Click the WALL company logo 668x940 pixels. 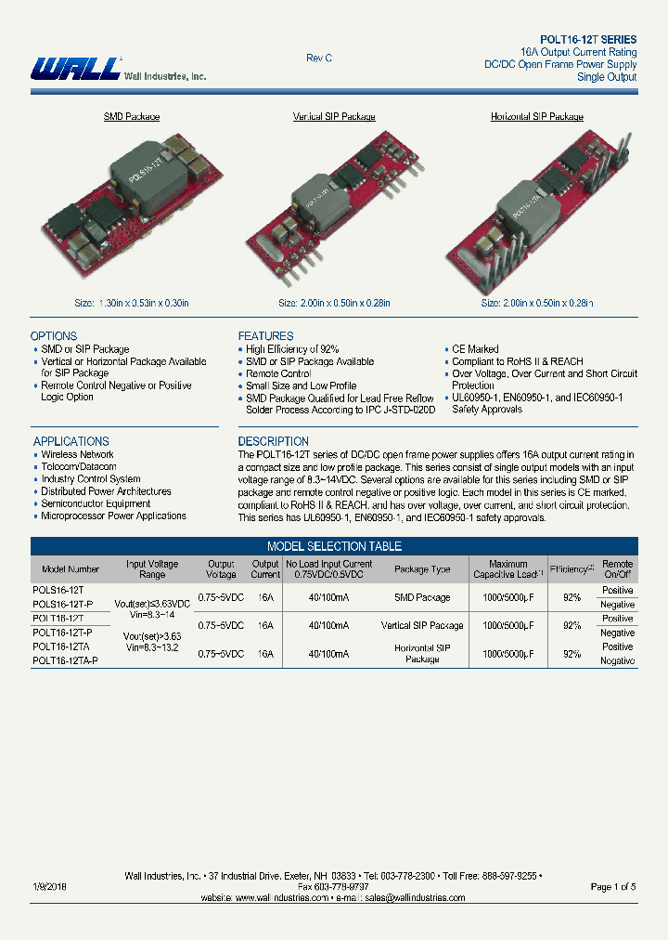(74, 69)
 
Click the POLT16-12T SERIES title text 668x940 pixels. (588, 40)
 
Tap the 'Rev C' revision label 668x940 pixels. (319, 59)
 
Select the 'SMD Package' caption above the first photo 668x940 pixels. (131, 117)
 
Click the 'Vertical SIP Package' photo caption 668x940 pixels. (334, 117)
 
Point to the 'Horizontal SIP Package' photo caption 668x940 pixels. (536, 117)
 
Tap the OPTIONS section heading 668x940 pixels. (54, 336)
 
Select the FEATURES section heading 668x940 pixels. (265, 336)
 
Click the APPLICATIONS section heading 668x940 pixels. (71, 441)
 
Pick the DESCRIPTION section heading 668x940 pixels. (274, 441)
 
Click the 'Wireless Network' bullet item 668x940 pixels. (78, 455)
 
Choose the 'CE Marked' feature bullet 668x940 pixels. (475, 350)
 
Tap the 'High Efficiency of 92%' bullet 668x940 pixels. (292, 350)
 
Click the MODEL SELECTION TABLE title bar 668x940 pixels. (334, 547)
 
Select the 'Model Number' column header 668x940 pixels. (71, 569)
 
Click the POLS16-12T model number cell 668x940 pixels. (58, 591)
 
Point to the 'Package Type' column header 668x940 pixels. (422, 569)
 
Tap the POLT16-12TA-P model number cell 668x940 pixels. (65, 660)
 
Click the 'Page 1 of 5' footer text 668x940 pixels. (613, 887)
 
